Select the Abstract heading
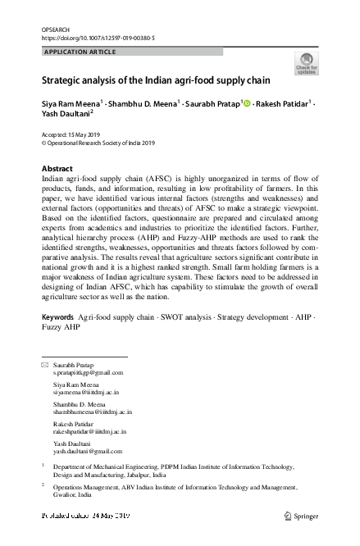[x=57, y=168]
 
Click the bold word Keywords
[x=57, y=316]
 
